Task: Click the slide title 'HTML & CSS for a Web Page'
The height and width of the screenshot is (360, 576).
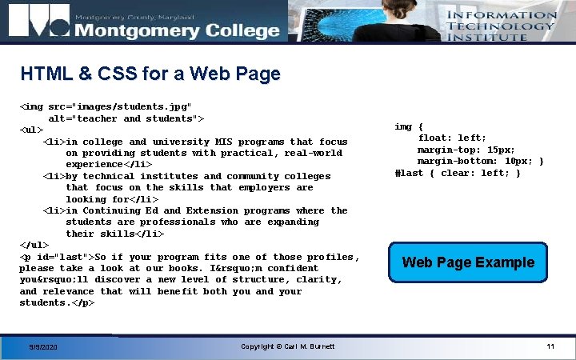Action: pyautogui.click(x=150, y=74)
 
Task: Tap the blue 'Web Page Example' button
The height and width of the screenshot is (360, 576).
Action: pyautogui.click(x=468, y=262)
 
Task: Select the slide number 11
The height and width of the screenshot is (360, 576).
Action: pyautogui.click(x=550, y=346)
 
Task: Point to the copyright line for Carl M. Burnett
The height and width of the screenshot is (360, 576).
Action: pyautogui.click(x=287, y=346)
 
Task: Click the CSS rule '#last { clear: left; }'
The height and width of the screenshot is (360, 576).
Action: pyautogui.click(x=458, y=173)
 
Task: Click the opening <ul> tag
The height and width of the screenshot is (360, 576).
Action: pyautogui.click(x=31, y=130)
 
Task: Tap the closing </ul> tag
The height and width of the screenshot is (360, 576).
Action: pyautogui.click(x=34, y=245)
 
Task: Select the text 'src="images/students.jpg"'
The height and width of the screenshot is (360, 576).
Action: pyautogui.click(x=120, y=106)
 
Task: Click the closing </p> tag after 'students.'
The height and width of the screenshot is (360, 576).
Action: pyautogui.click(x=83, y=303)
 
